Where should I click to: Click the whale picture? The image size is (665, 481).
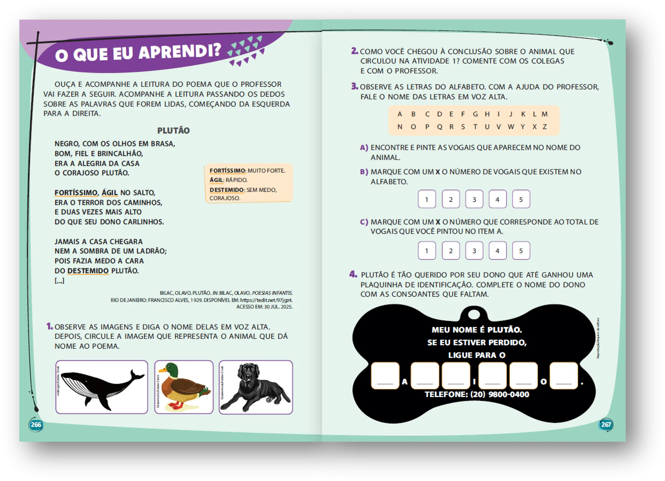[102, 387]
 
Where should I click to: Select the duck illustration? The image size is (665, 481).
[184, 387]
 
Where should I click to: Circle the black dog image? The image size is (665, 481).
[256, 387]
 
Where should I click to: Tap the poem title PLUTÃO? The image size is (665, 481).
[173, 131]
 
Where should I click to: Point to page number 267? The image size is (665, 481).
[606, 424]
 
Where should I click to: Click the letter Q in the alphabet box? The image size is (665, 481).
[440, 127]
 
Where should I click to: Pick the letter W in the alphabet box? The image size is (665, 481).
[511, 127]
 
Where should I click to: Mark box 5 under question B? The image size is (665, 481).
[521, 200]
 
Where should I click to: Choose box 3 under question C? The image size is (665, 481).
[474, 251]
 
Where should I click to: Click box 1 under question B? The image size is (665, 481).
[427, 200]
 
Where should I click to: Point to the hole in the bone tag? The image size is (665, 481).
[474, 315]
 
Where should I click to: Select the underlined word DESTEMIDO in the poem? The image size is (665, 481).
[88, 271]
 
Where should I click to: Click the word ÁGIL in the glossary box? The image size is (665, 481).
[216, 180]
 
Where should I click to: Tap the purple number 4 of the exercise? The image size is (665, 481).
[353, 275]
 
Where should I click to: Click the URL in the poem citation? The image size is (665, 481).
[266, 300]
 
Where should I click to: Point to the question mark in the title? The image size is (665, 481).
[217, 50]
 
